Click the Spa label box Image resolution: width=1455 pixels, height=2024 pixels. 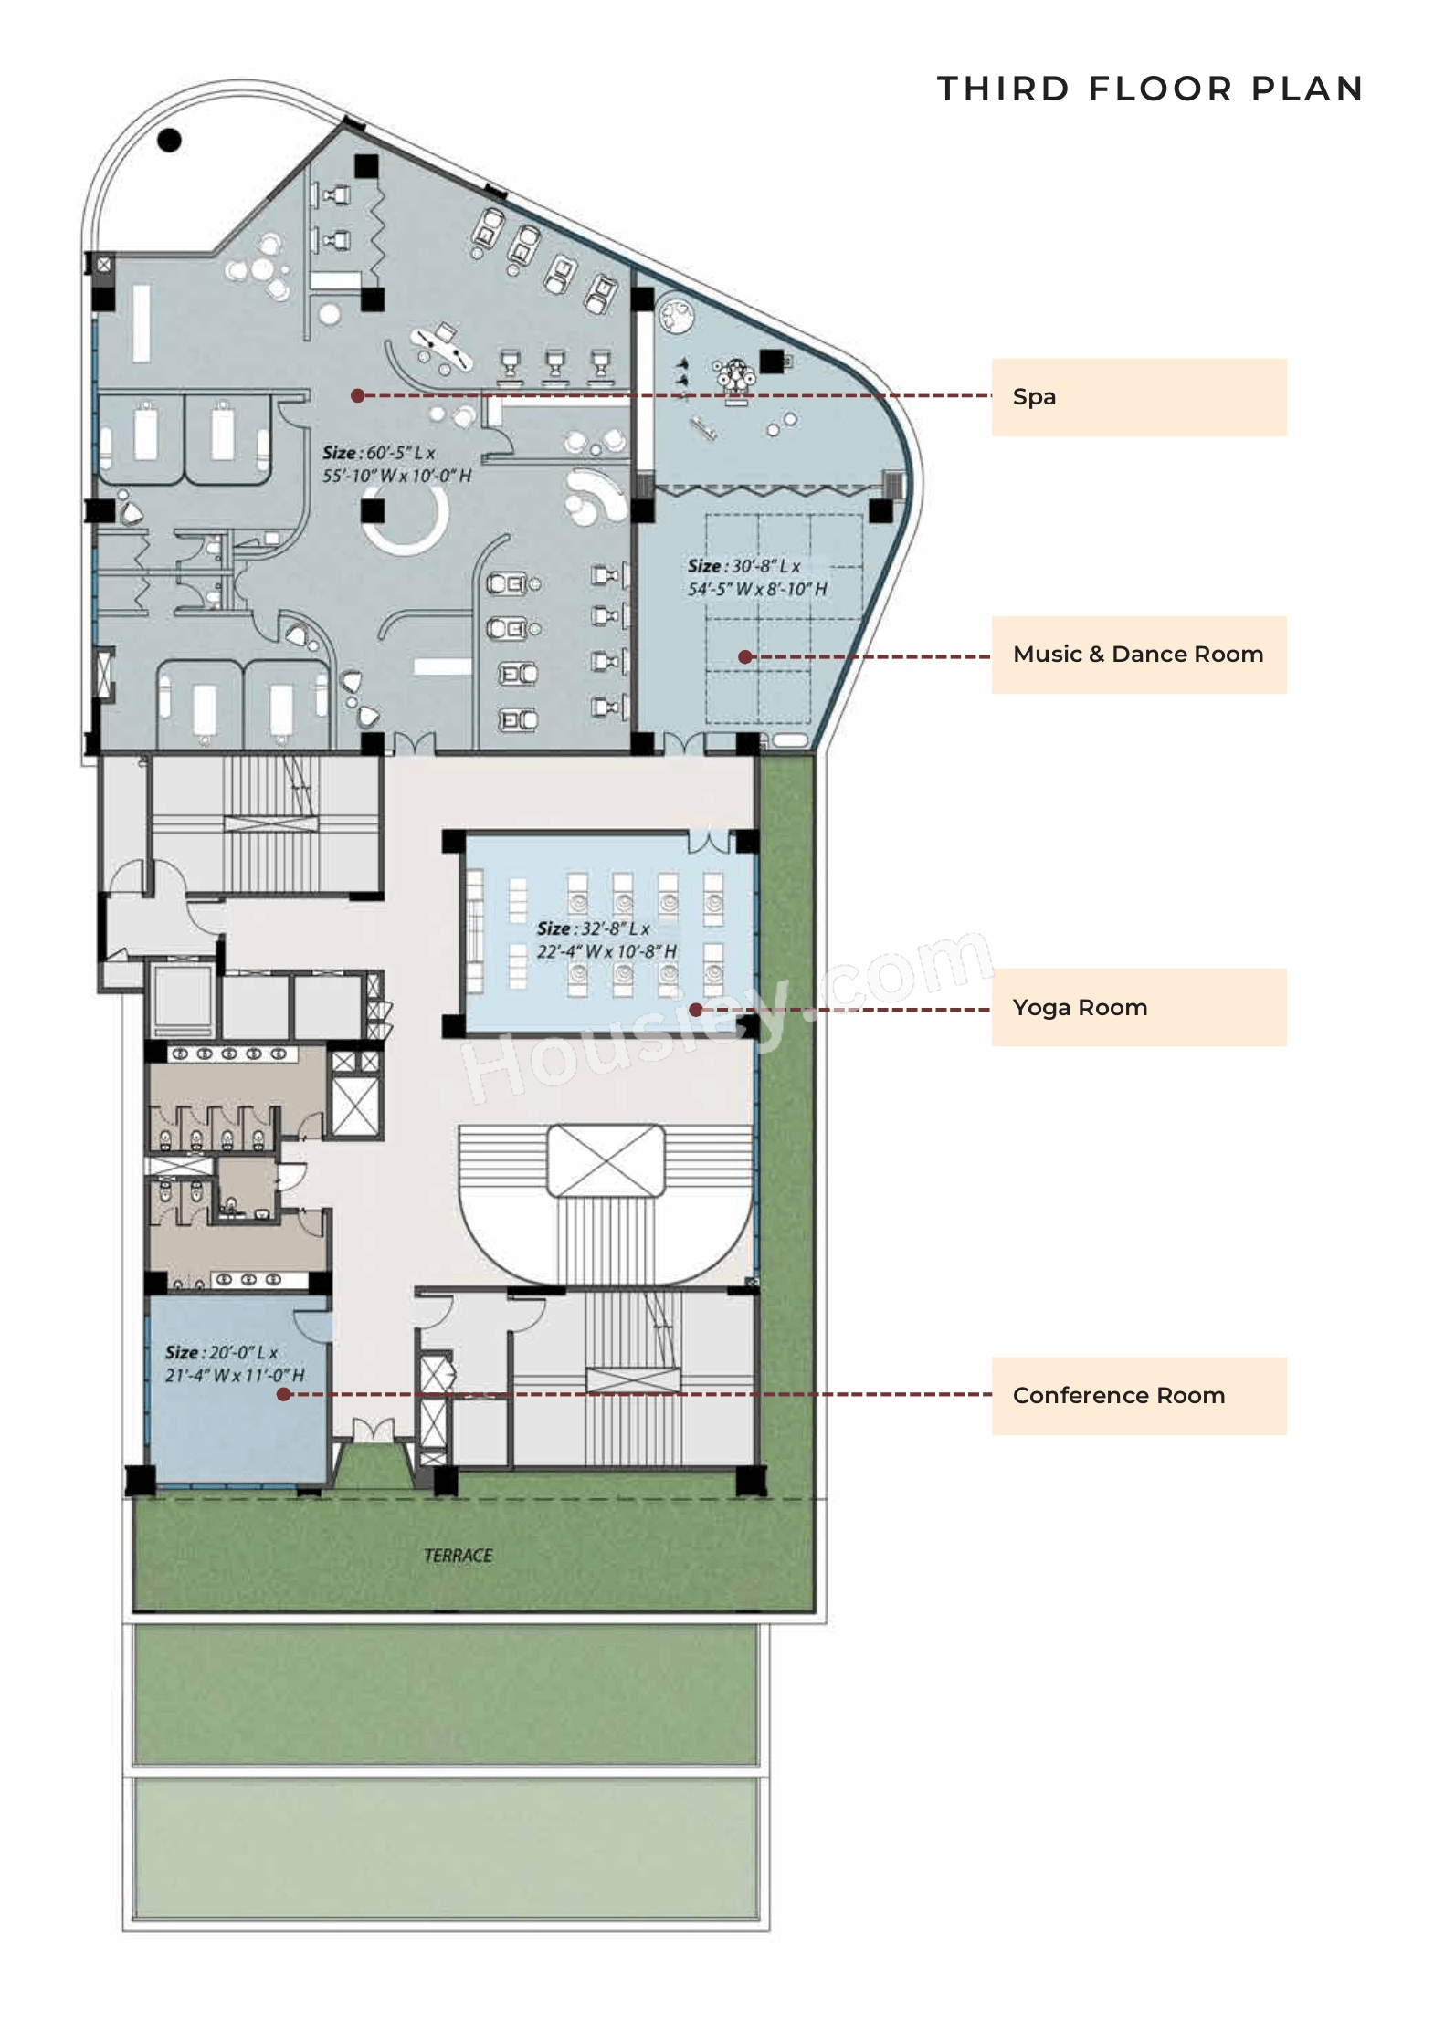(x=1138, y=397)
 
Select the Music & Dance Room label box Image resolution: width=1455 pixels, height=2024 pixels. (x=1138, y=655)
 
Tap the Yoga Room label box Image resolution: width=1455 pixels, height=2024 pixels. (x=1138, y=1007)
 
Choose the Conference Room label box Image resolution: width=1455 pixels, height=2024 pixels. (x=1138, y=1396)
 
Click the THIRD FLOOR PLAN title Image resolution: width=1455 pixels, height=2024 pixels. (x=1150, y=89)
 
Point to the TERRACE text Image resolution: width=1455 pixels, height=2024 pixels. (x=458, y=1556)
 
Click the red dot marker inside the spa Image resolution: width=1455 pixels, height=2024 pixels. (x=358, y=395)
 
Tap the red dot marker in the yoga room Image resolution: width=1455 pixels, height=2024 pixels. (x=696, y=1010)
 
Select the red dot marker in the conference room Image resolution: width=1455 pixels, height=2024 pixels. (x=284, y=1394)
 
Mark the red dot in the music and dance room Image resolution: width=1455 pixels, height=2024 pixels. (x=745, y=656)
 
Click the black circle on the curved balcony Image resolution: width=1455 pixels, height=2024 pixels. (x=169, y=140)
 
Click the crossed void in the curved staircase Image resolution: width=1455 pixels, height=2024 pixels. (x=606, y=1160)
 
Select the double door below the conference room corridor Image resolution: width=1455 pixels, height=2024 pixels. (x=374, y=1431)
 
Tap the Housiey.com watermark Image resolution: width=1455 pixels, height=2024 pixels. (x=726, y=1013)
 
